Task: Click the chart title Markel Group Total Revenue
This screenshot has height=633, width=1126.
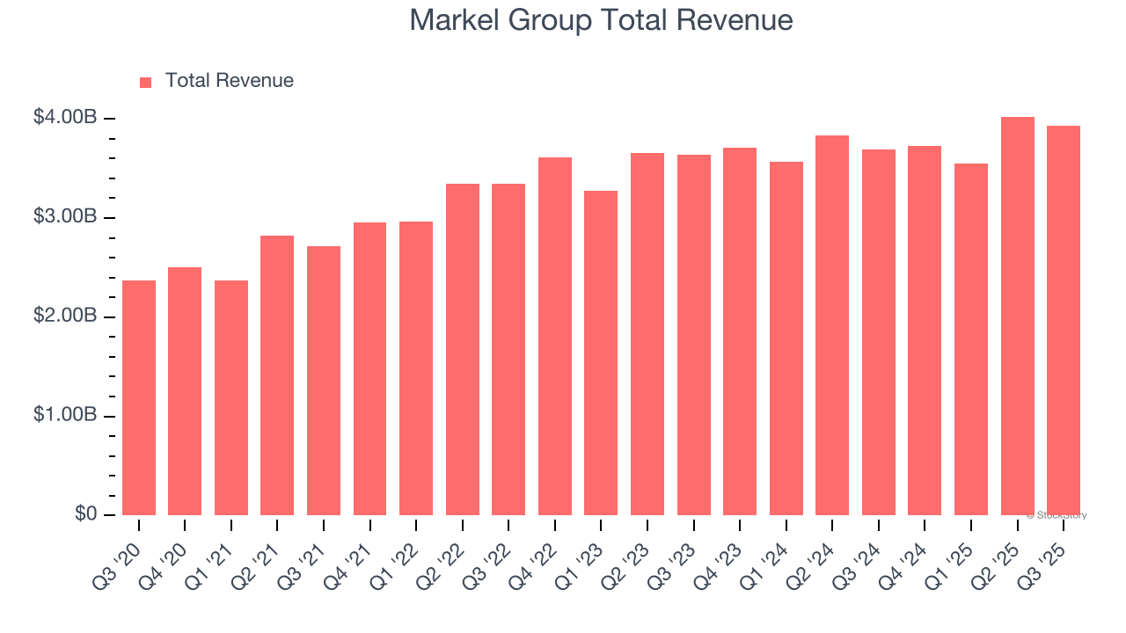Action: [x=601, y=20]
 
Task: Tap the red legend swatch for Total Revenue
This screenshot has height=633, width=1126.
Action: [x=145, y=82]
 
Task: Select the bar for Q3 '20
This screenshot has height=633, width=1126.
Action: [x=139, y=397]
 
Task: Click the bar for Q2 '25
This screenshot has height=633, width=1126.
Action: [x=1017, y=316]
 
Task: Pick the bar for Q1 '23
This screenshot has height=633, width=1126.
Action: [x=601, y=353]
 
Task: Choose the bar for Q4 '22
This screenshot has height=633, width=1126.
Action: [x=555, y=336]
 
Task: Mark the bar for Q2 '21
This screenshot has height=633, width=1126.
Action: [x=277, y=375]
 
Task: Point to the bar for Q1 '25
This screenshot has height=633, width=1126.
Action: [x=971, y=339]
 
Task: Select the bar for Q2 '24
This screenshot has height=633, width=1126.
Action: [x=832, y=325]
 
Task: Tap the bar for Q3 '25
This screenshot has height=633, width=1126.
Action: [x=1064, y=320]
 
